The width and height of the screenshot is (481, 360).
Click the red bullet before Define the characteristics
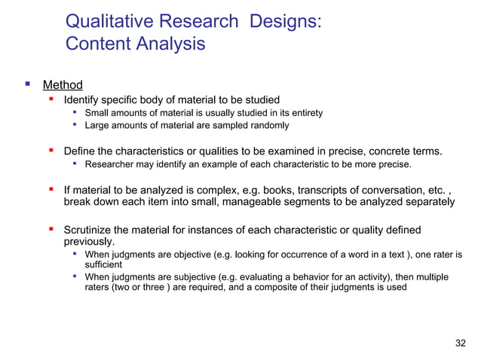[51, 149]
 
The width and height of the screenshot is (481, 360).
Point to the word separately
[427, 202]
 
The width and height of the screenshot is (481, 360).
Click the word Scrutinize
[93, 230]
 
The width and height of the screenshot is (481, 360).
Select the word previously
[89, 242]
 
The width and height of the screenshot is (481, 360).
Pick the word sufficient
[103, 265]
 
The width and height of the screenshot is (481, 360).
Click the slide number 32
[461, 344]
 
